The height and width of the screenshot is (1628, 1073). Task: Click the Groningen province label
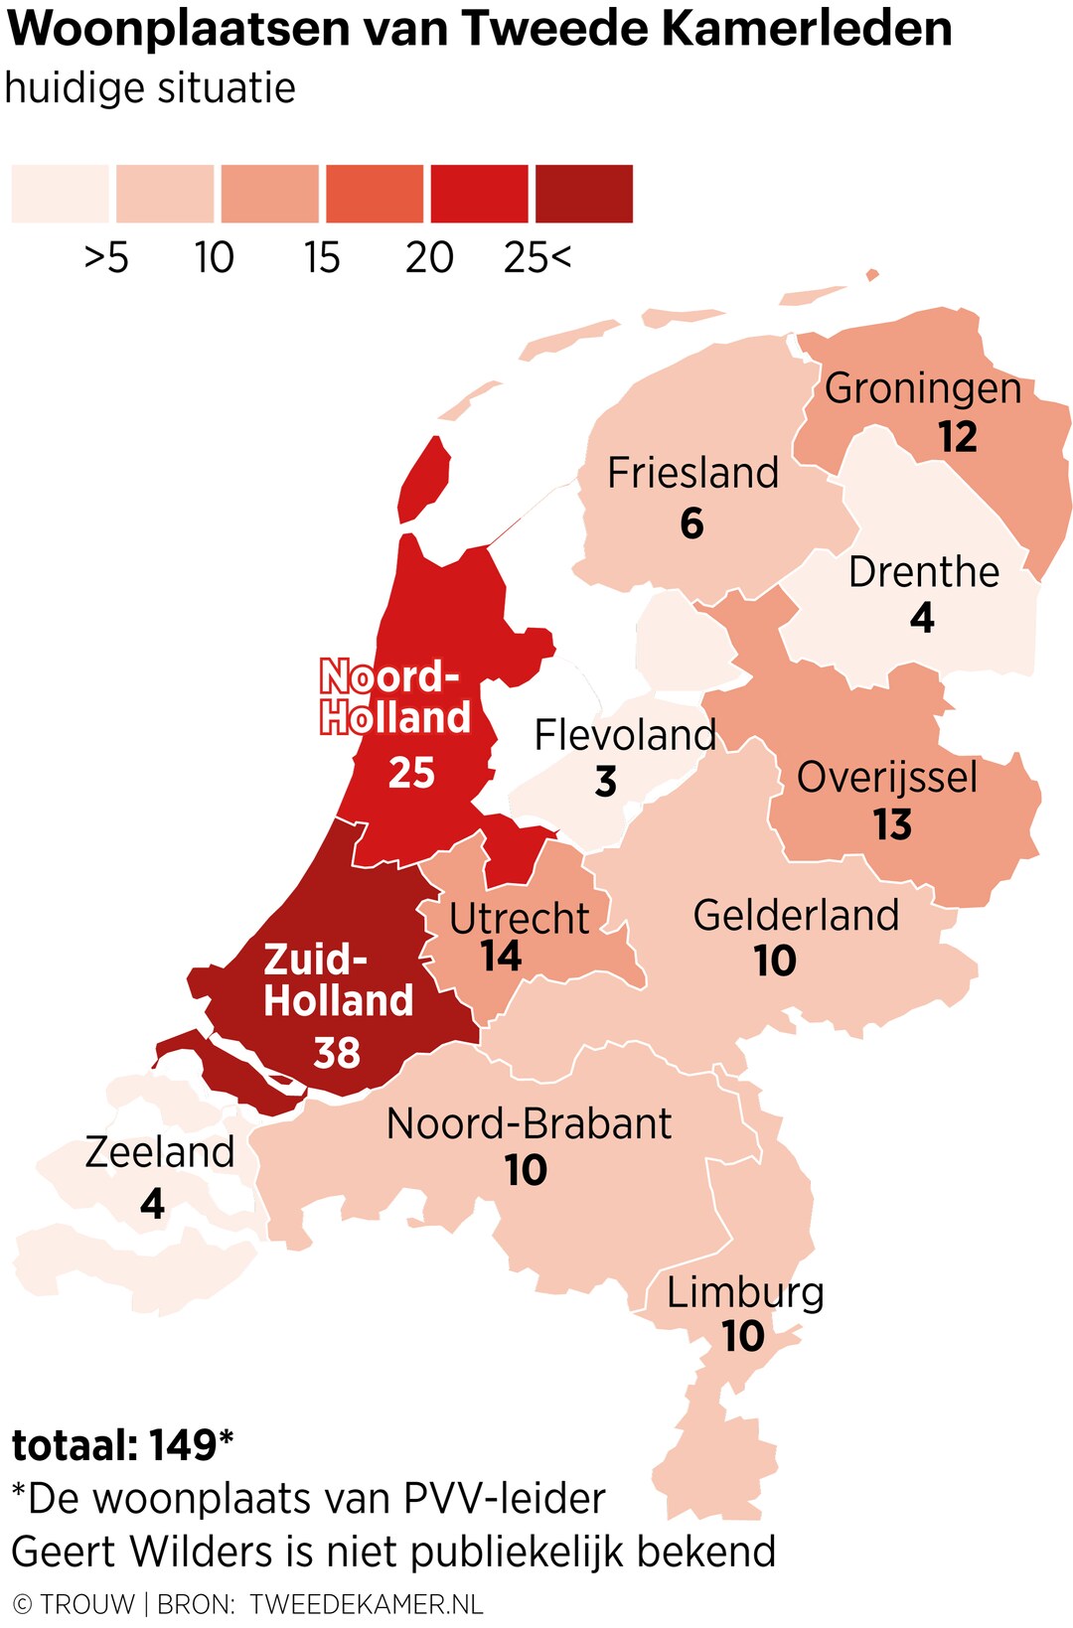(x=923, y=388)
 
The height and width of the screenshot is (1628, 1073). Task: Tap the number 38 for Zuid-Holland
(x=337, y=1053)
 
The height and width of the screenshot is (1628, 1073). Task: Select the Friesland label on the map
(x=692, y=473)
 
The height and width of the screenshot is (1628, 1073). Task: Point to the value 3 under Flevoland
(x=606, y=782)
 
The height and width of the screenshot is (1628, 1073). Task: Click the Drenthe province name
(x=923, y=572)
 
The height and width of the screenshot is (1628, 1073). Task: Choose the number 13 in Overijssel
(x=892, y=824)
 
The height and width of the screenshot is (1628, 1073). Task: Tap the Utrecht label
(x=519, y=918)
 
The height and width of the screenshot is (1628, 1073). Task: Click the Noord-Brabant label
(x=529, y=1123)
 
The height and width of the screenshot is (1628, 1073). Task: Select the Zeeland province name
(x=159, y=1152)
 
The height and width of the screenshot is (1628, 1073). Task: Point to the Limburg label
(x=745, y=1292)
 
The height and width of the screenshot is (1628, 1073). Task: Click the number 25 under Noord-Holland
(x=411, y=772)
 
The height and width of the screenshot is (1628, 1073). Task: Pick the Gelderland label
(x=796, y=915)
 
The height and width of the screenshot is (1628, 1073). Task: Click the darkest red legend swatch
(x=584, y=194)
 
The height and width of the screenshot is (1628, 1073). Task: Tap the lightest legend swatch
(x=60, y=194)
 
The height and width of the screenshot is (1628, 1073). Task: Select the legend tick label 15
(x=322, y=257)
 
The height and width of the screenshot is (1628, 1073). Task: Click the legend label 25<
(x=537, y=257)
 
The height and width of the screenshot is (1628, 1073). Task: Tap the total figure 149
(x=183, y=1445)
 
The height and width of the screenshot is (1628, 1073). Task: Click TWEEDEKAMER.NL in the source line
(x=367, y=1603)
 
